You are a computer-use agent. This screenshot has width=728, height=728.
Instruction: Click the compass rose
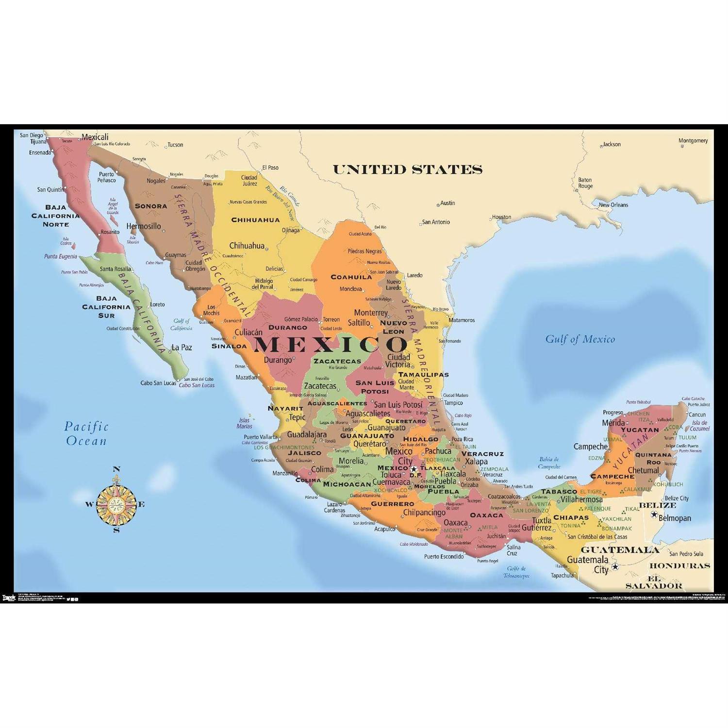[x=116, y=504]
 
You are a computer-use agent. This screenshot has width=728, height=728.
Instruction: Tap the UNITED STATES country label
[x=407, y=169]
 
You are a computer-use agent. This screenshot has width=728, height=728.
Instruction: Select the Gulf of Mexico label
[x=580, y=339]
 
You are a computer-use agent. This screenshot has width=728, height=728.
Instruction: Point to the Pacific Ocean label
[x=86, y=433]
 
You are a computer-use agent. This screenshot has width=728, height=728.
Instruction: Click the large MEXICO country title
[x=331, y=344]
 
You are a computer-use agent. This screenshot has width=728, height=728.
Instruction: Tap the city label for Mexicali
[x=95, y=137]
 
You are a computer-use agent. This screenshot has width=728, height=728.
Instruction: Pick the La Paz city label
[x=182, y=347]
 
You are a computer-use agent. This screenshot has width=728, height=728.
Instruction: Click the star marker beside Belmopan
[x=654, y=514]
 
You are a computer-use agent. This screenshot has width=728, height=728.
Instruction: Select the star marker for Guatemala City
[x=615, y=566]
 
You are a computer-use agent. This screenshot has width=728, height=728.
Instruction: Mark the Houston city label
[x=501, y=217]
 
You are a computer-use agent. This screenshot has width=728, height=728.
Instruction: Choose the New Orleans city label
[x=613, y=205]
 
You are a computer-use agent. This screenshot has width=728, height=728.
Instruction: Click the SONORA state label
[x=151, y=206]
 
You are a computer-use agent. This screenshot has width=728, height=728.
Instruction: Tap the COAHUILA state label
[x=351, y=277]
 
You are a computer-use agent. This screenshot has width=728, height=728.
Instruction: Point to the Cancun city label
[x=697, y=414]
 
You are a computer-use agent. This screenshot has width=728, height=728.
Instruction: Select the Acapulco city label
[x=385, y=529]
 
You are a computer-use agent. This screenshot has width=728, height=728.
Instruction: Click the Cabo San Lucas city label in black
[x=158, y=383]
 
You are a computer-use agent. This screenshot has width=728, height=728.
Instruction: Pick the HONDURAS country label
[x=679, y=566]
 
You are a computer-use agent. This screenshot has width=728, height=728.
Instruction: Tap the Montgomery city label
[x=693, y=141]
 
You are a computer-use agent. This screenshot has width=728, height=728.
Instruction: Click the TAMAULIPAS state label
[x=423, y=375]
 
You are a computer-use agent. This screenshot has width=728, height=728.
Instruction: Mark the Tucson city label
[x=175, y=145]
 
